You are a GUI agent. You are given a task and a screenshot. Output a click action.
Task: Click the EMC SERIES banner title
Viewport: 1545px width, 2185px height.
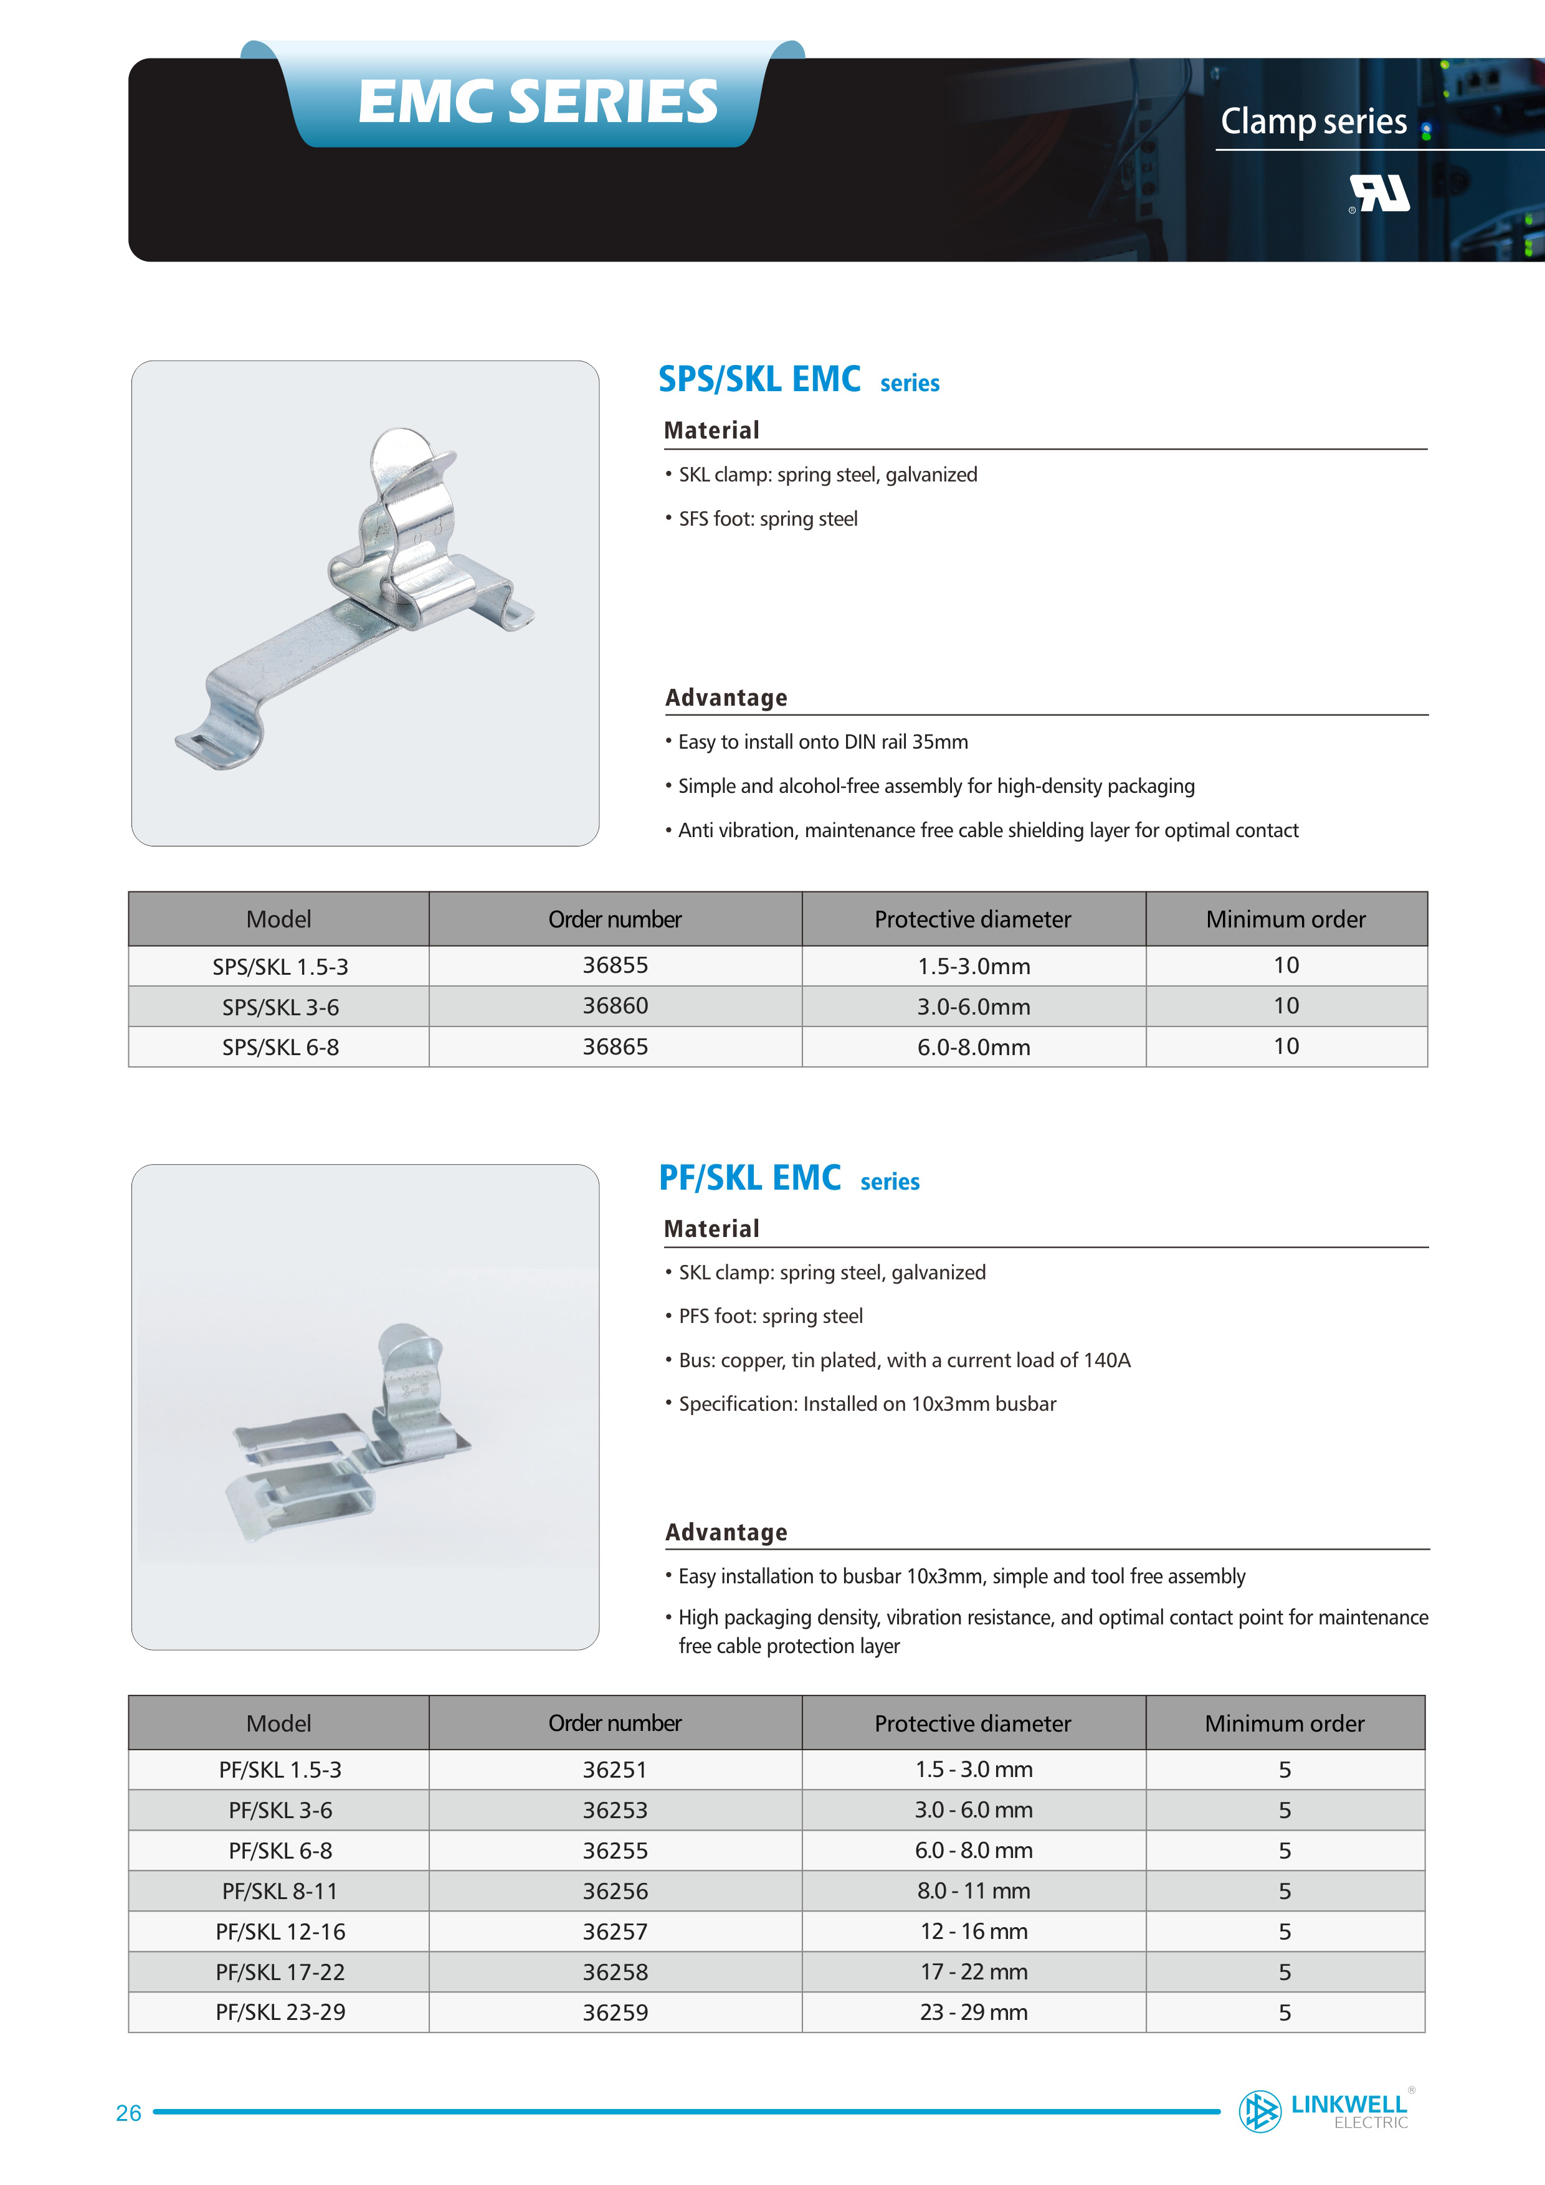point(538,101)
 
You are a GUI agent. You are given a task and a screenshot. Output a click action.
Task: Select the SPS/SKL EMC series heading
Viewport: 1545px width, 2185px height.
point(797,380)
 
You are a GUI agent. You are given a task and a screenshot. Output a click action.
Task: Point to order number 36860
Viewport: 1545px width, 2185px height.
point(615,1006)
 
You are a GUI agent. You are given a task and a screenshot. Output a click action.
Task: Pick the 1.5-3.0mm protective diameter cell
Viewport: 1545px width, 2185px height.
point(973,966)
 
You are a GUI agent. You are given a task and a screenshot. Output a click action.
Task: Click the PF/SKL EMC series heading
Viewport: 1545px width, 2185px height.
point(788,1178)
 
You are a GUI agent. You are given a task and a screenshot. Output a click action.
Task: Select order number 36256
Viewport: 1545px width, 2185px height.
point(615,1891)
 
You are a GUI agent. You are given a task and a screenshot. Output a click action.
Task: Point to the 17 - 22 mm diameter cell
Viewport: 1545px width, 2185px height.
point(973,1972)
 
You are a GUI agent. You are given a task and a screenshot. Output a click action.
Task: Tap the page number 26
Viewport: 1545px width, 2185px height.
point(128,2113)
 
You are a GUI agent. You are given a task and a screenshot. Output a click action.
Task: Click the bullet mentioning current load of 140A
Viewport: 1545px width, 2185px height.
point(905,1360)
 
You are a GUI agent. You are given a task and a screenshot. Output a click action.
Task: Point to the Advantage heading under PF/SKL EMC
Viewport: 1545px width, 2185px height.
point(726,1532)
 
